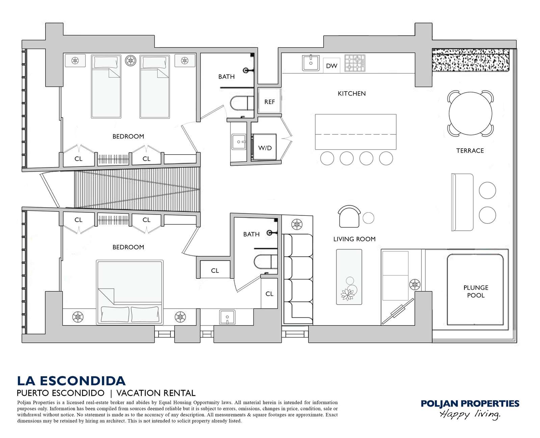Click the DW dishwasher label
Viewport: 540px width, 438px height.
click(331, 66)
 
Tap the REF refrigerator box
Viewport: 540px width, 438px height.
click(269, 100)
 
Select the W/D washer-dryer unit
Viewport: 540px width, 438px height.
click(265, 147)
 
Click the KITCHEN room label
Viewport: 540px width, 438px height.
click(352, 94)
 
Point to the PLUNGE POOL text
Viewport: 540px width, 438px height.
click(476, 291)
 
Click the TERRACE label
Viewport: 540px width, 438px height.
click(470, 151)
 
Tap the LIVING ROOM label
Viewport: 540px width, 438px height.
click(354, 239)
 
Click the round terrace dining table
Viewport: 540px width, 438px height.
click(470, 113)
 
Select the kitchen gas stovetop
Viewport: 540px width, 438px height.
click(355, 63)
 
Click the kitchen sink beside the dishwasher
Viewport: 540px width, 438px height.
click(310, 63)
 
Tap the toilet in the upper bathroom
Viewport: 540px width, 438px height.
click(242, 103)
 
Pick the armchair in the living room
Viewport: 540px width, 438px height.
click(349, 216)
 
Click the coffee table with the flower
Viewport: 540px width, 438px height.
click(349, 277)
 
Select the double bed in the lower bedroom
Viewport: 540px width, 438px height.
click(130, 292)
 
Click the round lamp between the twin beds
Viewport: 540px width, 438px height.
click(131, 60)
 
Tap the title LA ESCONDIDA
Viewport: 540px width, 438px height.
click(71, 381)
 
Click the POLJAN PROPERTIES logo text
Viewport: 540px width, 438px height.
click(470, 404)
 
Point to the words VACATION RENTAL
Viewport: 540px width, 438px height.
click(156, 393)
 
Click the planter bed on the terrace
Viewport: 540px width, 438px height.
click(470, 60)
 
